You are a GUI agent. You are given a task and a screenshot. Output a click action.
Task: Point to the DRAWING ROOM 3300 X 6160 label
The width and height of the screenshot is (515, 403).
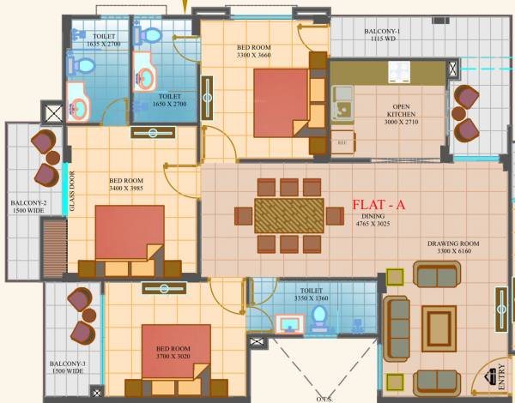pos(453,248)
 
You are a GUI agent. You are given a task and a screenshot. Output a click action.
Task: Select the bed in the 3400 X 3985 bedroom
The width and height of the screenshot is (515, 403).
pos(129,233)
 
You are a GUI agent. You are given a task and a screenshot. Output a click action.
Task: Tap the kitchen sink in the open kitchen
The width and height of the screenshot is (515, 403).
pos(345,102)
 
